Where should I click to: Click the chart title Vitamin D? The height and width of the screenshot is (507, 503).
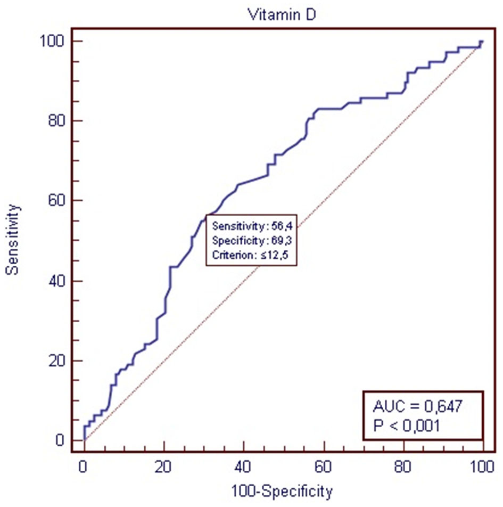coord(282,14)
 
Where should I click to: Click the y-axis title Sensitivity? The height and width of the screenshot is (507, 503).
coord(13,240)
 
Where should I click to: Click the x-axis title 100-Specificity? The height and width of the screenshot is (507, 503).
coord(282,490)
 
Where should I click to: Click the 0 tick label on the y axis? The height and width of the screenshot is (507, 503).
coord(61,441)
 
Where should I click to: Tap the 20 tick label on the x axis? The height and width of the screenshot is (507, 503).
coord(163,467)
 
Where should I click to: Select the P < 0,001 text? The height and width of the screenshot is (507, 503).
coord(407,426)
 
